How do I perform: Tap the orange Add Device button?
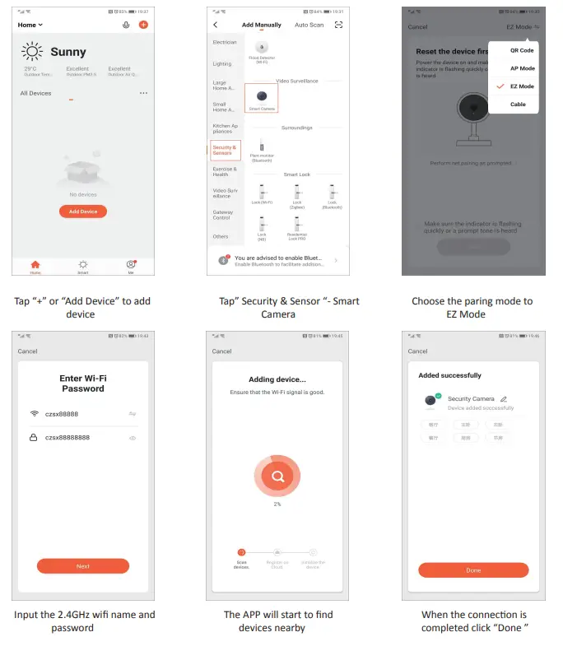(x=83, y=211)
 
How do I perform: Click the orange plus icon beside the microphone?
(x=143, y=25)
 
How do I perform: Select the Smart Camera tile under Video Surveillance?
(x=262, y=99)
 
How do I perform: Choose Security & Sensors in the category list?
(x=223, y=151)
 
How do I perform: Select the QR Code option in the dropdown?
(x=521, y=50)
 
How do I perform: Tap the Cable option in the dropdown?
(x=518, y=105)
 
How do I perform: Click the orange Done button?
(x=473, y=570)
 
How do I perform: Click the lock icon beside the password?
(x=34, y=438)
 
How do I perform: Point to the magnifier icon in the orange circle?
(x=277, y=475)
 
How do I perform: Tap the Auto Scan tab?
(x=309, y=25)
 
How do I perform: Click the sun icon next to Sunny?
(x=32, y=51)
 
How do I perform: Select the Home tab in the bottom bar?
(x=35, y=266)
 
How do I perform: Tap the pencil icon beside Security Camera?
(x=504, y=399)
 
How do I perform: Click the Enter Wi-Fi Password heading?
(x=83, y=383)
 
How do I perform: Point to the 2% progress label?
(x=277, y=504)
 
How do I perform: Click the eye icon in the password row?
(x=133, y=438)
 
